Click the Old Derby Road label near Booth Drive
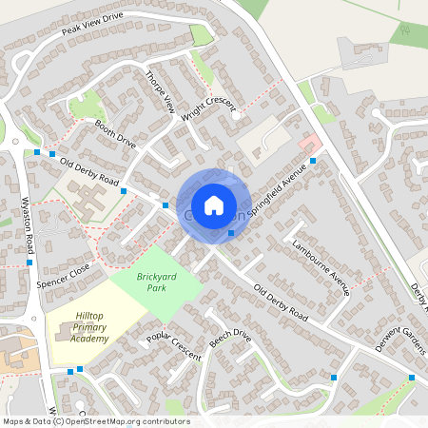point(88,172)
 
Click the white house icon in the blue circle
point(213,204)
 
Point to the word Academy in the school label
point(89,338)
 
